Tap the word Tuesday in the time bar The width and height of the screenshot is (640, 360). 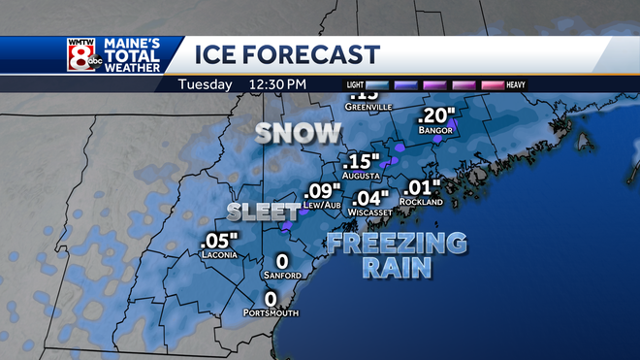[x=205, y=84]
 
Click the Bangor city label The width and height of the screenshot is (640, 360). [x=435, y=129]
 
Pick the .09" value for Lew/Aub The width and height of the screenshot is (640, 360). [x=323, y=191]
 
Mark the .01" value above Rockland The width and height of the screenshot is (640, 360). [x=424, y=186]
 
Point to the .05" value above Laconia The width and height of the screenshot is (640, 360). [x=215, y=241]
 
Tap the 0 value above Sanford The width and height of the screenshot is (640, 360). [x=282, y=261]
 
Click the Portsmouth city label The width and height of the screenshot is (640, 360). [x=272, y=312]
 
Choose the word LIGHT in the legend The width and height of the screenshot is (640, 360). [x=356, y=85]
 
